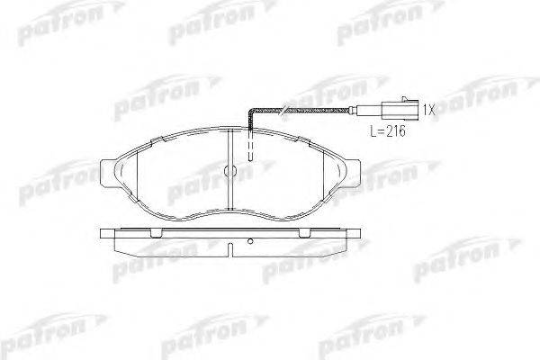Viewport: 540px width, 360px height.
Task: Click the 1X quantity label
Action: [x=429, y=110]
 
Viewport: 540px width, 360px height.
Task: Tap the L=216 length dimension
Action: [x=388, y=131]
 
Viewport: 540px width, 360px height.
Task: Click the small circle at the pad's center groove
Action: [x=229, y=170]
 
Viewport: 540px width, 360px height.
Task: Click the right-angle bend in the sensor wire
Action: [x=251, y=111]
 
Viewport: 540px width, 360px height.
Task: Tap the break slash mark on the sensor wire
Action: [x=284, y=110]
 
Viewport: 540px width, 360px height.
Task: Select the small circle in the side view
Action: [x=250, y=241]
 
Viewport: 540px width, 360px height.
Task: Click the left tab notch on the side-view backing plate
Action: [x=157, y=233]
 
